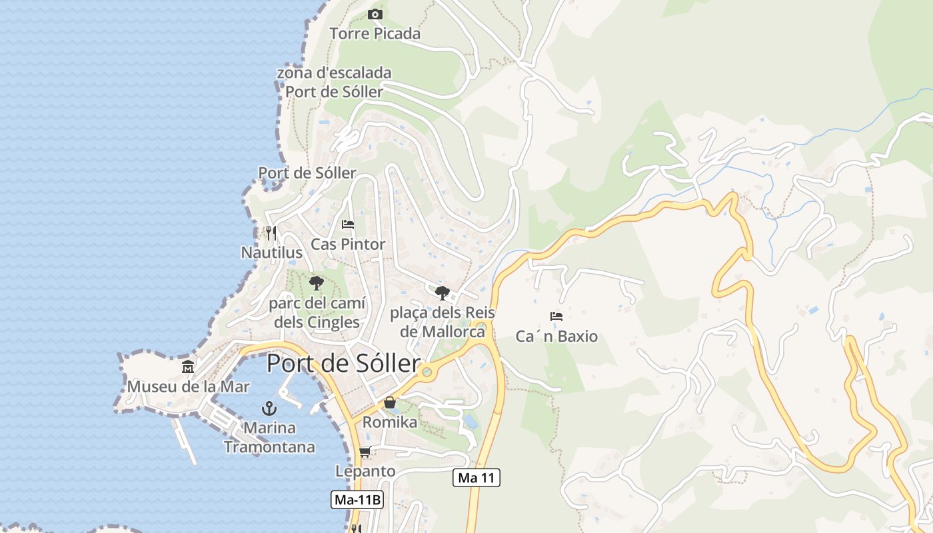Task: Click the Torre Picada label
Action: click(375, 33)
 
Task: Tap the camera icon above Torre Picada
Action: click(375, 14)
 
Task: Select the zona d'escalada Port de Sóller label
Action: click(334, 82)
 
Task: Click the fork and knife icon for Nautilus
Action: click(271, 233)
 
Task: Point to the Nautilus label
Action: click(271, 253)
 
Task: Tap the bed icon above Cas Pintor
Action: click(348, 225)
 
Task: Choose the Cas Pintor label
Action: click(348, 245)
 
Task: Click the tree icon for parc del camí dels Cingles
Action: click(317, 283)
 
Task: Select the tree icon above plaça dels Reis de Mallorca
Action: click(442, 292)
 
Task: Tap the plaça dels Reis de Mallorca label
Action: click(437, 322)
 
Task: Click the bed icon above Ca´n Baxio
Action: click(556, 316)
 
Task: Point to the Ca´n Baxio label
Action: click(556, 336)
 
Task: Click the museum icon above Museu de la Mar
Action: click(188, 366)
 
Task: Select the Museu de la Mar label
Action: click(189, 386)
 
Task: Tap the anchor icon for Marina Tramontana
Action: click(269, 408)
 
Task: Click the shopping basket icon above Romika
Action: click(390, 402)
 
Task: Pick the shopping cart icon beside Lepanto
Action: click(365, 452)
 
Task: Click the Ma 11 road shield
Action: click(476, 478)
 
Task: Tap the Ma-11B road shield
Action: click(357, 500)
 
